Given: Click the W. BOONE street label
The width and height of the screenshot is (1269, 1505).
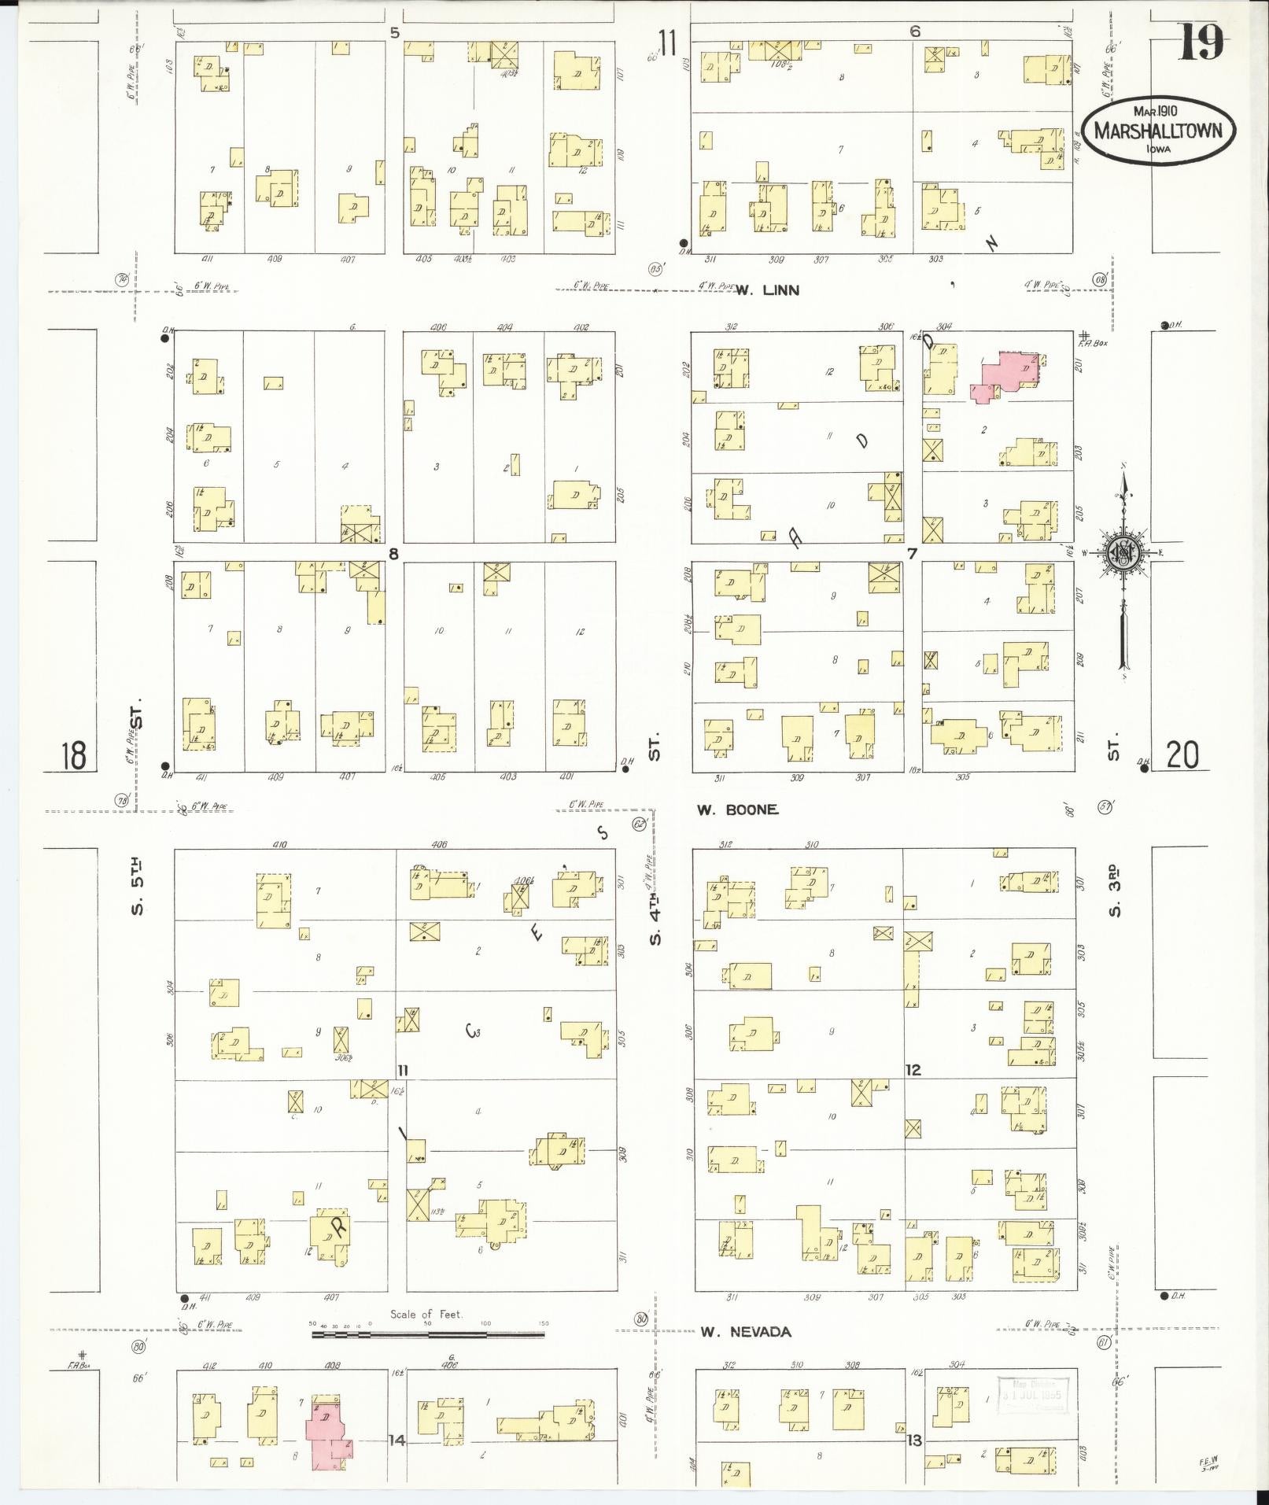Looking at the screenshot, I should pos(737,809).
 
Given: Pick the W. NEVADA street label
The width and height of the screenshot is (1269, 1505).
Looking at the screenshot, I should pos(745,1331).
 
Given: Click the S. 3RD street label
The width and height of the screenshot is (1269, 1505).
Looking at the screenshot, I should pos(1113,889).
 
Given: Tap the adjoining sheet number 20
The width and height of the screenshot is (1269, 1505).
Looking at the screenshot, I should pos(1182,755).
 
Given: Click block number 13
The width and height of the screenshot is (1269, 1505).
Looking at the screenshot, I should pos(913,1440).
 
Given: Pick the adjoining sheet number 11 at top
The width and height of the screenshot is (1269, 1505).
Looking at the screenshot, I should pos(668,44).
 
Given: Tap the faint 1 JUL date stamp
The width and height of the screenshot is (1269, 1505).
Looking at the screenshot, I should pos(1031,1395).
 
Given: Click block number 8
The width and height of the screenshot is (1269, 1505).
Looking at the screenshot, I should pos(393,554).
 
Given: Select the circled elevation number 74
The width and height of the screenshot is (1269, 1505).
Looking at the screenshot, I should pos(123,279).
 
